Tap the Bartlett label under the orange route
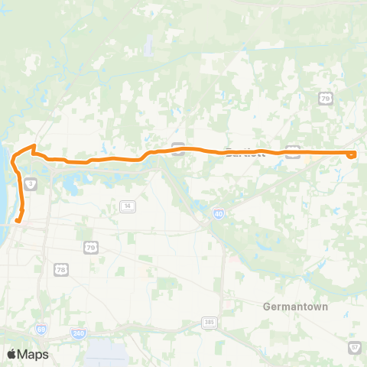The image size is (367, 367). [x=245, y=153]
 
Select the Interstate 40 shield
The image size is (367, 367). [x=219, y=216]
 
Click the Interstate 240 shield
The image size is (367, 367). [x=78, y=333]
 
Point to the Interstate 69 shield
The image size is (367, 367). [x=41, y=330]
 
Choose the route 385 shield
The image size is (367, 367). [x=209, y=323]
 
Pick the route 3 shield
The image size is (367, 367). [x=30, y=183]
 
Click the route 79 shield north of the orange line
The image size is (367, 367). [x=325, y=99]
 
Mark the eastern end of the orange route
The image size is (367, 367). [x=352, y=154]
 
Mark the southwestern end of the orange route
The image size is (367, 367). [x=16, y=222]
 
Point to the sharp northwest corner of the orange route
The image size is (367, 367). [x=33, y=145]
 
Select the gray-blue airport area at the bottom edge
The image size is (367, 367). [x=107, y=353]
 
